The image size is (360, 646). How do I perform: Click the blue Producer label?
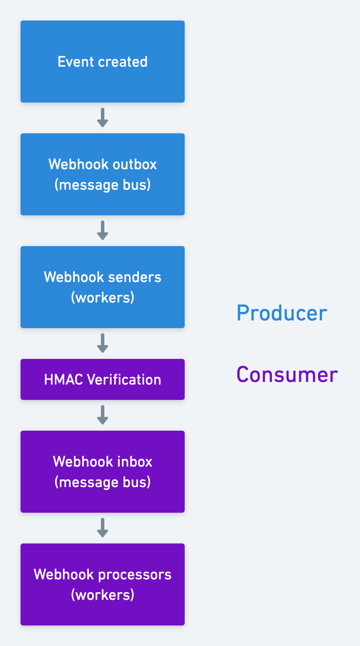(x=282, y=313)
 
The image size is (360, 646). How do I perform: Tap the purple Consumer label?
(x=287, y=375)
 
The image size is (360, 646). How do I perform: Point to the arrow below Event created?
(x=103, y=118)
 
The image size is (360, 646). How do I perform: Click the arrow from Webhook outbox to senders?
(x=103, y=231)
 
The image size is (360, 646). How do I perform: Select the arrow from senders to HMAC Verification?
(x=103, y=344)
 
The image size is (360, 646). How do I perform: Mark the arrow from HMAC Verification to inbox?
(x=103, y=415)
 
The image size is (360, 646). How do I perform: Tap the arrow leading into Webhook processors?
(x=103, y=528)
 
